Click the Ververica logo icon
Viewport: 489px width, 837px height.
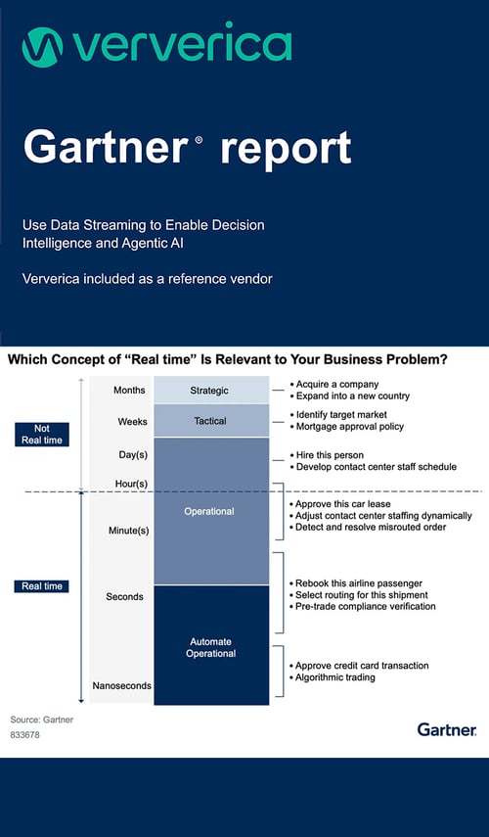coord(41,47)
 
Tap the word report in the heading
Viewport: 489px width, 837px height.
coord(285,149)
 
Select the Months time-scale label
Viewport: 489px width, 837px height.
coord(129,390)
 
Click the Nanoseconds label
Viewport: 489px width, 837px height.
coord(121,685)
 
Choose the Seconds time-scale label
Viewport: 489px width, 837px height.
coord(125,596)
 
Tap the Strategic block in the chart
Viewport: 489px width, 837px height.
coord(210,391)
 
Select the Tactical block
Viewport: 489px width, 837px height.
coord(210,421)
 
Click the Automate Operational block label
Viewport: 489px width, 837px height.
coord(210,647)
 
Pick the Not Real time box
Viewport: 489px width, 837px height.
coord(42,434)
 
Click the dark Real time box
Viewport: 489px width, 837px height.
coord(42,586)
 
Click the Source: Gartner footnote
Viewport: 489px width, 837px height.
coord(42,720)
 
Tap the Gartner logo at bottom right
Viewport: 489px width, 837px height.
coord(446,729)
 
